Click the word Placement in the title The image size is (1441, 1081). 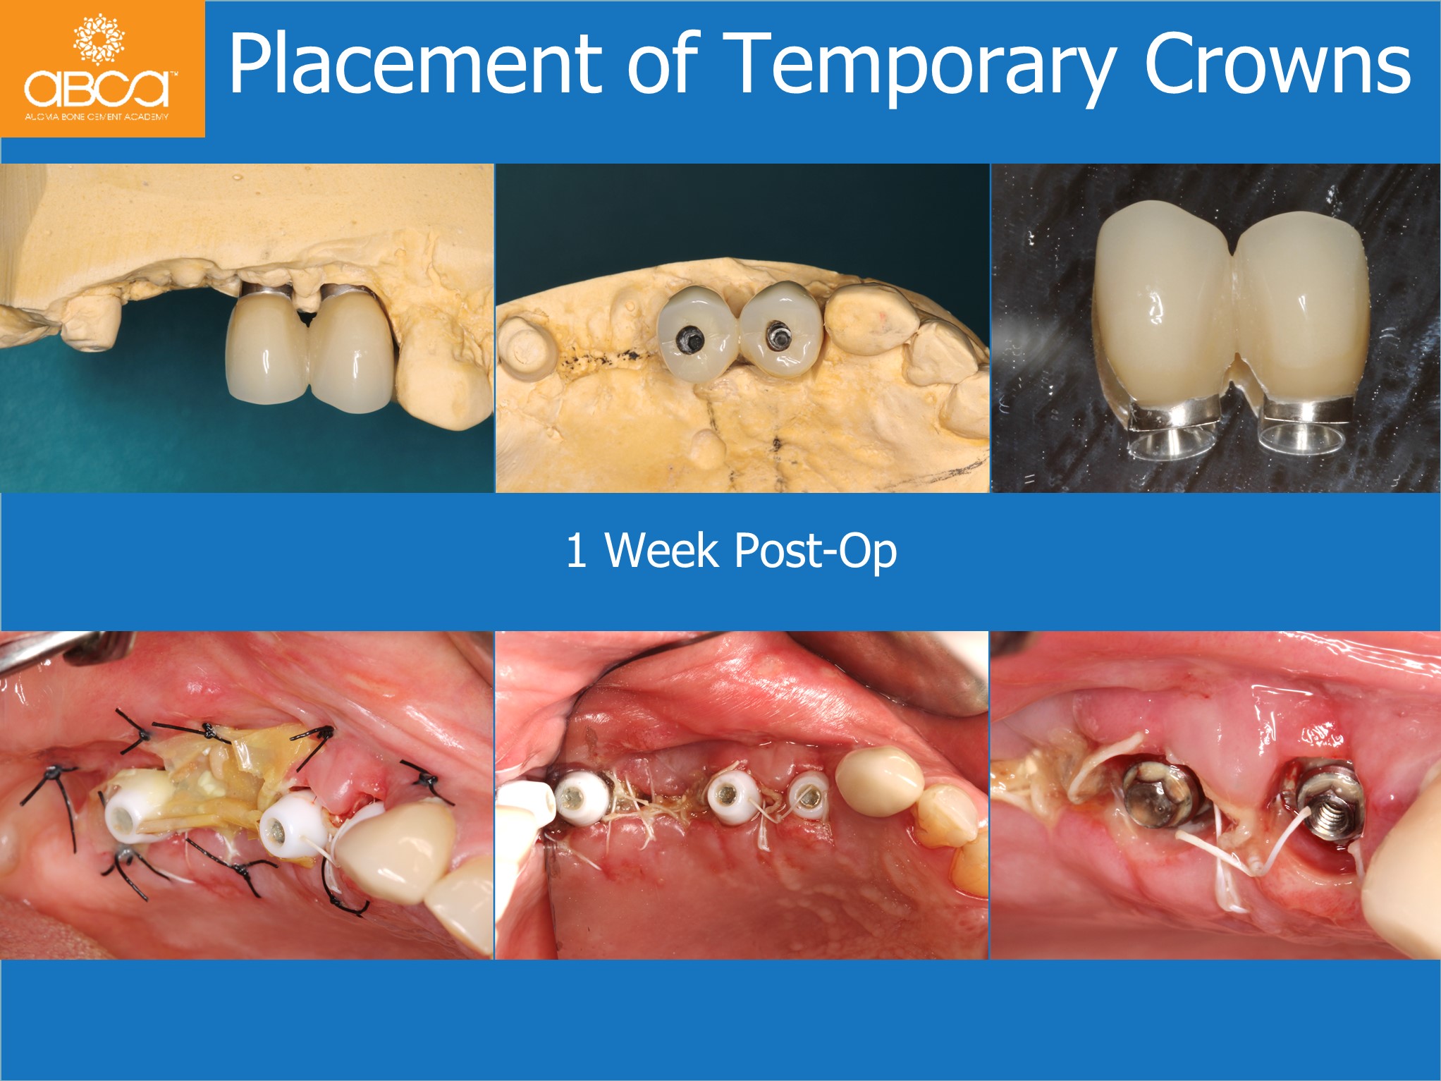pyautogui.click(x=415, y=64)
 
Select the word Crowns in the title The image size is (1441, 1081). pyautogui.click(x=1277, y=64)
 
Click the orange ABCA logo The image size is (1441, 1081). pyautogui.click(x=102, y=68)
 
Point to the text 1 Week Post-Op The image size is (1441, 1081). pyautogui.click(x=731, y=550)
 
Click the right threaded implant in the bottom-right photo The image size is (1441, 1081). pyautogui.click(x=1330, y=801)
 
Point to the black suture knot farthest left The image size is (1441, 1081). pyautogui.click(x=52, y=774)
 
